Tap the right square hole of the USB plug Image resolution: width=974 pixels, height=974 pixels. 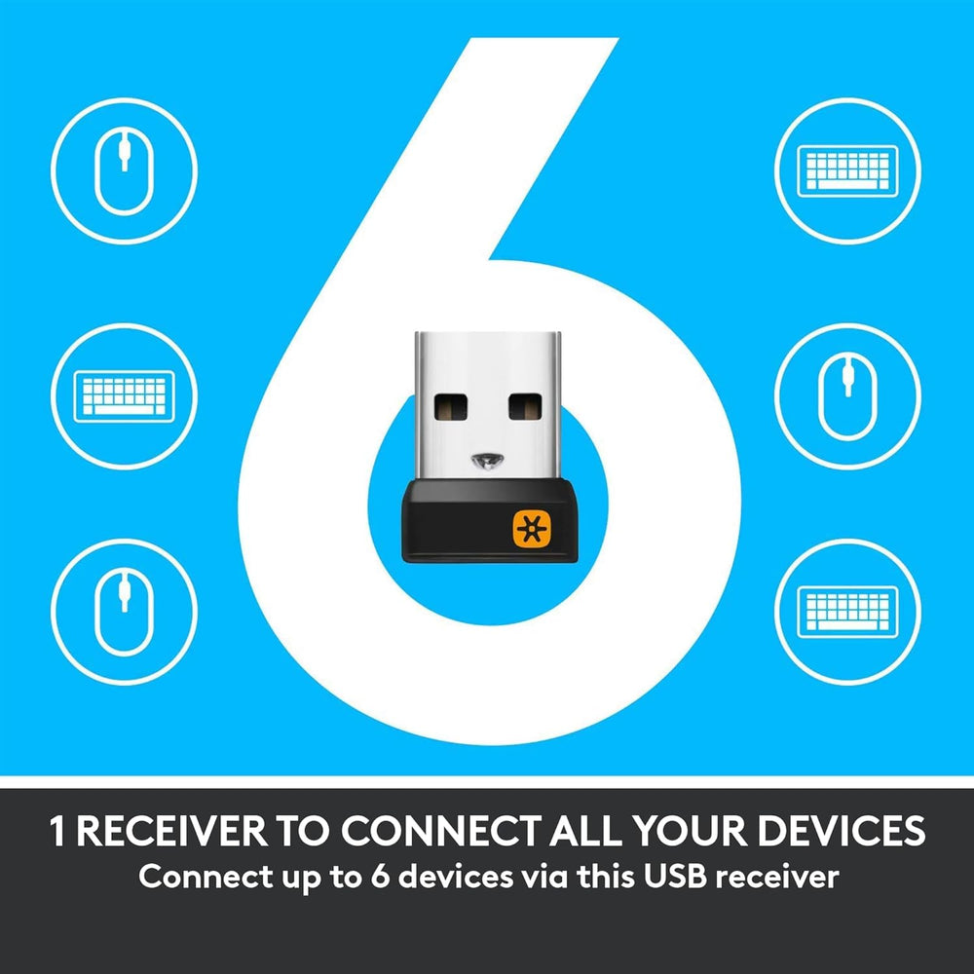[526, 406]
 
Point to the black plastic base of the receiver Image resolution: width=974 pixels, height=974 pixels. [489, 521]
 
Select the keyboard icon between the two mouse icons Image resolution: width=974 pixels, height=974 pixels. [125, 396]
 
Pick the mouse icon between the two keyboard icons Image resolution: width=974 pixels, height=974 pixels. [848, 396]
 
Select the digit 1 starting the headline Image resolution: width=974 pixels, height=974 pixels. [57, 831]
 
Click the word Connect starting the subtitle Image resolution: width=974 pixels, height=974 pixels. [197, 877]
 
